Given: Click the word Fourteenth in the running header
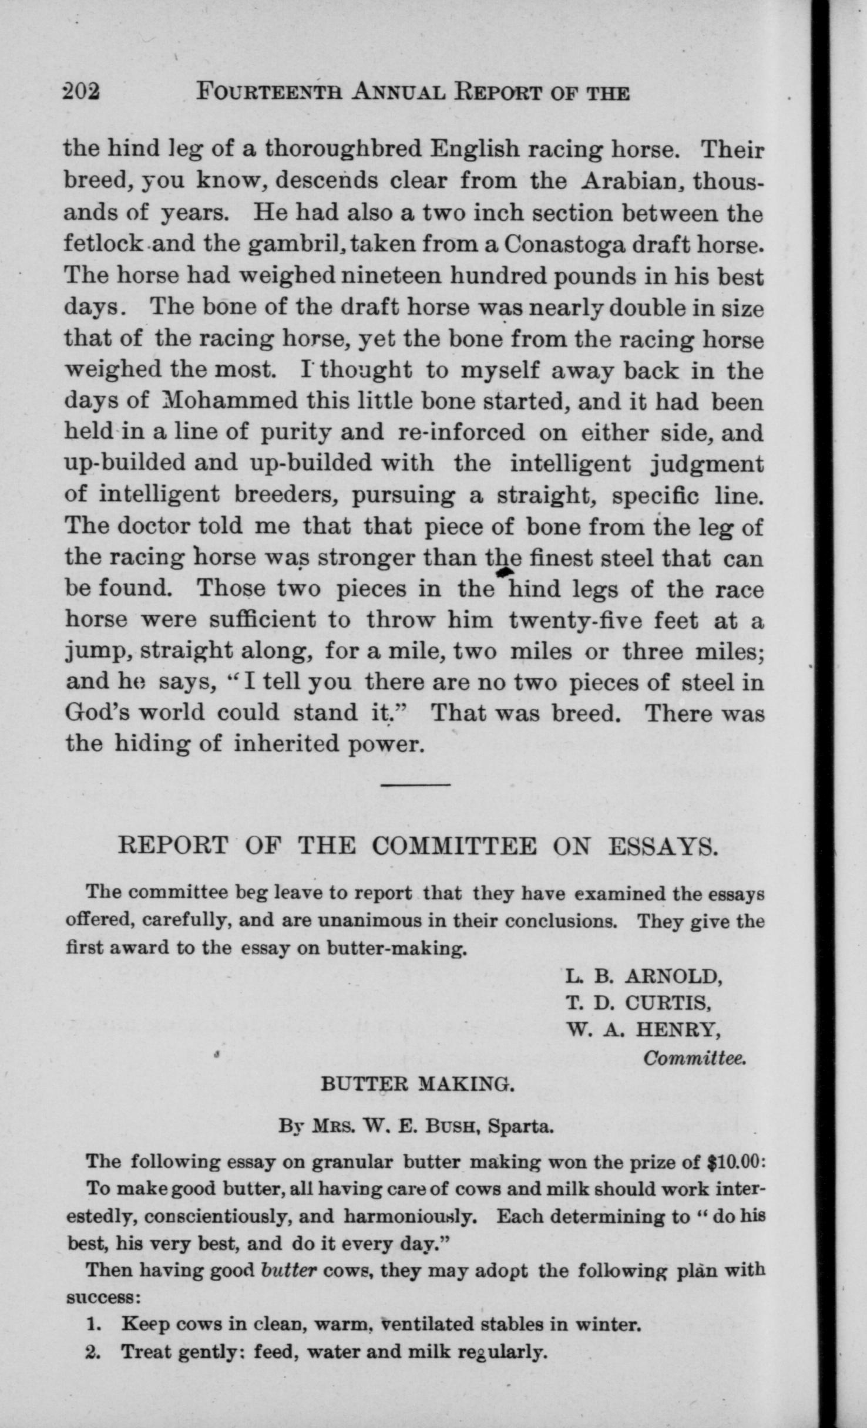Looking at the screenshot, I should click(268, 92).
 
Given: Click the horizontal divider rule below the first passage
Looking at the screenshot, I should click(415, 785).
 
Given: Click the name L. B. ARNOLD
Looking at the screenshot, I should click(643, 976).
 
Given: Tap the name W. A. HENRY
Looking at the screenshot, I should click(644, 1029).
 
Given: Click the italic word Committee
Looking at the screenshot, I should click(695, 1058).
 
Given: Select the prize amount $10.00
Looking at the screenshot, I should click(734, 1162).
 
